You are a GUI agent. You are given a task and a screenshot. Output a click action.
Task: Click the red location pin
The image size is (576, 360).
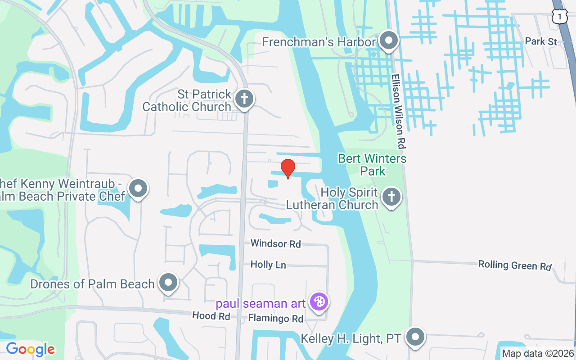point(288,168)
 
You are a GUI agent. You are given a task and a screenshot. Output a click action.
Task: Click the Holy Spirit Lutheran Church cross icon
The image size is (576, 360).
point(391,198)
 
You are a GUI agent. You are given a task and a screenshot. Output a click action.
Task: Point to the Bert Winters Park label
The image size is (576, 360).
point(372,165)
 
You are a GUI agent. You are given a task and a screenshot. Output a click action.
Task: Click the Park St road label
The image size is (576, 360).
point(541,41)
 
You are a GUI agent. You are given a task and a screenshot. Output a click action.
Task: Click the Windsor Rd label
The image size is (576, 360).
point(275,244)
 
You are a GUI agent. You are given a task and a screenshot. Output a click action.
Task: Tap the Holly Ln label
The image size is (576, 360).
point(268,265)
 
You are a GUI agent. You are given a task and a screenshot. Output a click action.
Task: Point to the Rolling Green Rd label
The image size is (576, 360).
point(515,265)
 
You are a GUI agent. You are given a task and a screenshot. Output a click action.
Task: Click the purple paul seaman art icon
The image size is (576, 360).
point(319,302)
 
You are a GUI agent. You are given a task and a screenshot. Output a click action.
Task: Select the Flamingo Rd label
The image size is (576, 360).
point(276,319)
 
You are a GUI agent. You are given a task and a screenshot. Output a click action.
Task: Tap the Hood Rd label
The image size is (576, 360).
point(211,316)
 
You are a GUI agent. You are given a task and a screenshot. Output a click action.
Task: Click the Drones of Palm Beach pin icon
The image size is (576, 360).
point(169,283)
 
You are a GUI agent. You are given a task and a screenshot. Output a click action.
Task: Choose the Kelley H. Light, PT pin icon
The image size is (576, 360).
point(415,337)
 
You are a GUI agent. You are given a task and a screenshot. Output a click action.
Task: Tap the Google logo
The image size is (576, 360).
point(30,349)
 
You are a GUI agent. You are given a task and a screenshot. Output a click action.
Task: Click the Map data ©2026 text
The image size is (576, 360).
point(538,354)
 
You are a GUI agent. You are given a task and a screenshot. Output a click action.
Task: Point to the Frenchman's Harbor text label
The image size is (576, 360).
point(319,42)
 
